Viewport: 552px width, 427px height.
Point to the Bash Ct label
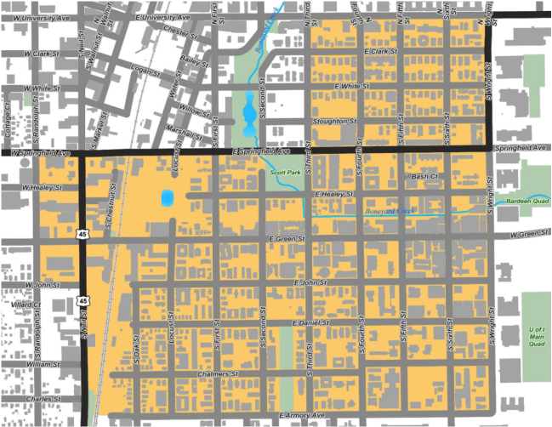click(424, 176)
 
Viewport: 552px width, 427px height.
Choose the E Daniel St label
click(310, 324)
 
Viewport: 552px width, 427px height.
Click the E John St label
click(310, 282)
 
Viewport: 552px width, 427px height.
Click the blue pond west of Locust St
click(165, 199)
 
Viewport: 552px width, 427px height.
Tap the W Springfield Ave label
click(40, 153)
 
